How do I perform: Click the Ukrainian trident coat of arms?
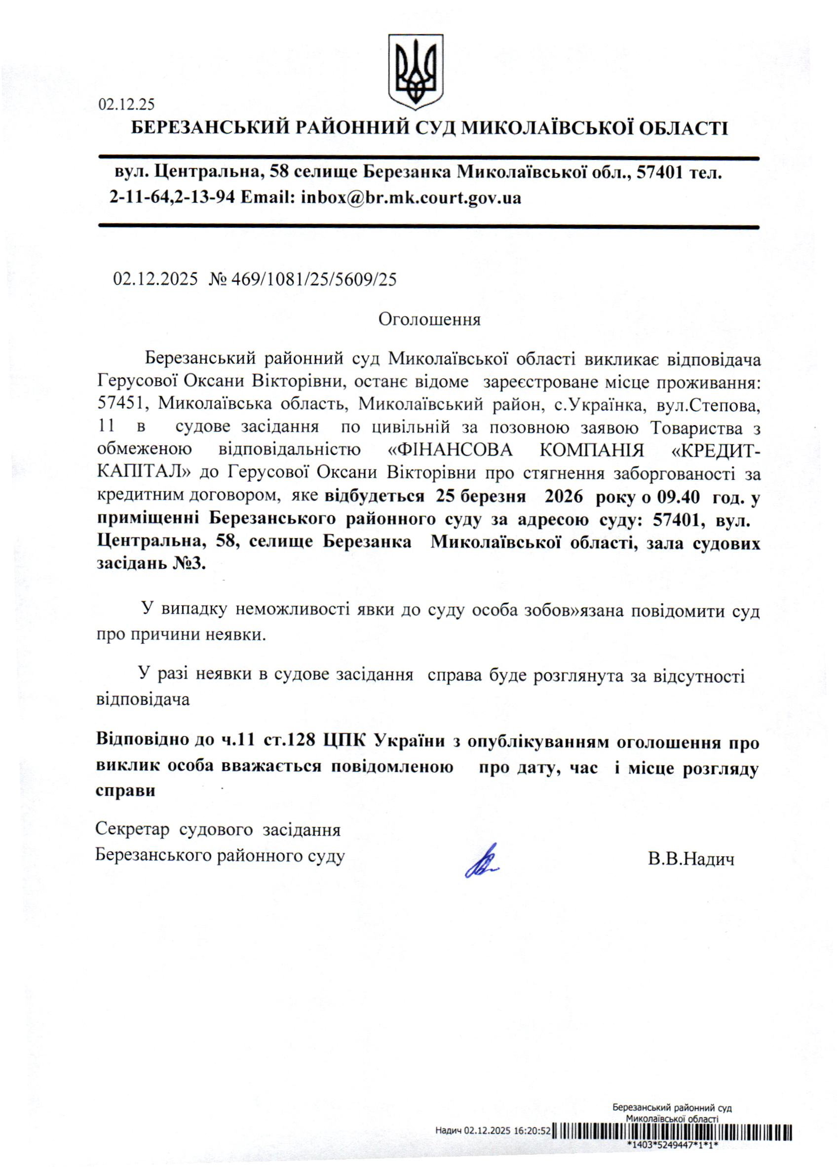click(415, 71)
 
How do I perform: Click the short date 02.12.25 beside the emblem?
click(126, 105)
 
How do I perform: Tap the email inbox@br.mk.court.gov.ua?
click(411, 197)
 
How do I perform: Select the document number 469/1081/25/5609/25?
click(314, 279)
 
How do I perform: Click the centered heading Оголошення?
click(429, 319)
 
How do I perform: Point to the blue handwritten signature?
click(481, 861)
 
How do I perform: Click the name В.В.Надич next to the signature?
click(691, 859)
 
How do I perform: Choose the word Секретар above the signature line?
click(132, 830)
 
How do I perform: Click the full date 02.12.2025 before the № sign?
click(155, 279)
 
